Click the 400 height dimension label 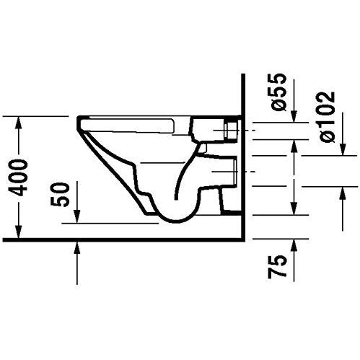coord(22,175)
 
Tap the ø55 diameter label coord(282,92)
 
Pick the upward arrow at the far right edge coord(340,193)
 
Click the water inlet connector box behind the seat coord(232,131)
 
